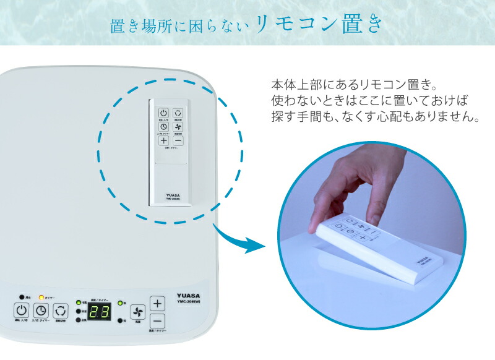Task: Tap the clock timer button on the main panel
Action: coord(40,311)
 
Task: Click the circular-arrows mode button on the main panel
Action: coord(60,311)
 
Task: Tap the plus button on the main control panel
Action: coord(158,304)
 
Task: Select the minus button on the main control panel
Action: coord(158,321)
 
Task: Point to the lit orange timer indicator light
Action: coord(41,297)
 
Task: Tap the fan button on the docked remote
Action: coord(177,126)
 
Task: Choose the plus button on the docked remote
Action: coord(163,140)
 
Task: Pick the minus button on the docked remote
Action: coord(177,140)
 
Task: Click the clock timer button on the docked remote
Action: coord(163,126)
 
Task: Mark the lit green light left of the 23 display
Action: coord(79,302)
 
